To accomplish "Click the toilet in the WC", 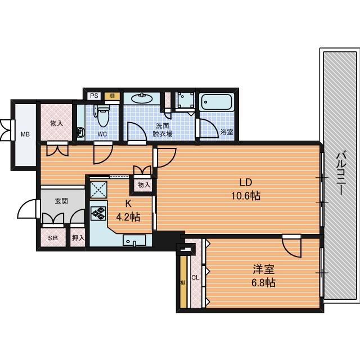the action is [x=102, y=115].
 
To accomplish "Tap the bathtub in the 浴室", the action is [x=217, y=102].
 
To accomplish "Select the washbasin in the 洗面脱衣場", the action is [x=142, y=98].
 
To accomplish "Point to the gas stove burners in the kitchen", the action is [x=98, y=213].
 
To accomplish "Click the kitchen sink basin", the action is [x=134, y=240].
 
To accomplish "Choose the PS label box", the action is [x=94, y=96].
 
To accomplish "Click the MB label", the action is [x=25, y=134].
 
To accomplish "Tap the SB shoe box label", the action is [x=53, y=238].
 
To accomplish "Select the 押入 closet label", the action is [x=78, y=238].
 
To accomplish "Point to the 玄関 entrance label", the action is [x=61, y=201].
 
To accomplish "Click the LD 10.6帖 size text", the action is [x=246, y=190].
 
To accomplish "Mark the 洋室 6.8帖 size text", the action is [x=264, y=276].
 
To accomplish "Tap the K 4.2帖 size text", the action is [x=128, y=210].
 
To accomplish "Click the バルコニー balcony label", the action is [x=341, y=174].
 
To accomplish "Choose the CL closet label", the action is [x=195, y=277].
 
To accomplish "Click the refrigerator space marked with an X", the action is [x=98, y=190].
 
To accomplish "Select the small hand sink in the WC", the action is [x=80, y=133].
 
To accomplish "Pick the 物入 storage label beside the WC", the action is [x=56, y=123].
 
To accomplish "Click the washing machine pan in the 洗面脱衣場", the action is [x=185, y=100].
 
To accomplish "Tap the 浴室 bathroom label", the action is [x=227, y=132].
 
